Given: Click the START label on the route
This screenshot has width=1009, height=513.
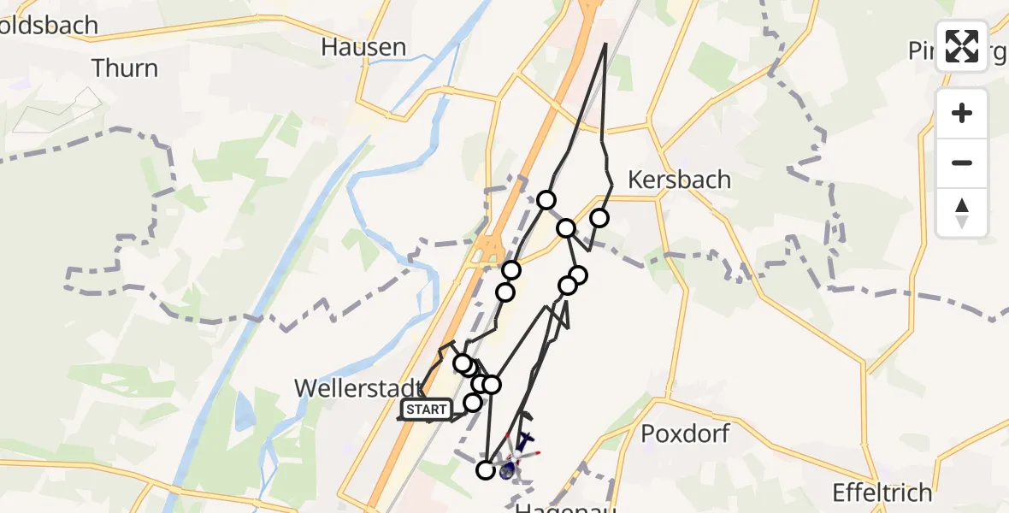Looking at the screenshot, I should tap(426, 410).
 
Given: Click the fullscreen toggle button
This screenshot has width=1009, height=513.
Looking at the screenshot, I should tap(962, 46).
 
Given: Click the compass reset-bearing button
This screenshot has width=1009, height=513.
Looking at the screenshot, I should tap(962, 213).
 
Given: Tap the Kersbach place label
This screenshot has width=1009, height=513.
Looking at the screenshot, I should tap(679, 180).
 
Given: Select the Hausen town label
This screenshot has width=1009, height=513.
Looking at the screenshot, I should tap(363, 47).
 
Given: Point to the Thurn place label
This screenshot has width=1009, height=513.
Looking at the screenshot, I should tap(124, 68).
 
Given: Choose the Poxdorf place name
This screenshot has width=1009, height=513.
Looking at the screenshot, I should tap(686, 433).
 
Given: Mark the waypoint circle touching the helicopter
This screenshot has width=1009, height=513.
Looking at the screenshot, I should tap(486, 469).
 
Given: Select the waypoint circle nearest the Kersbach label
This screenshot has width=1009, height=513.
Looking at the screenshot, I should tap(599, 218).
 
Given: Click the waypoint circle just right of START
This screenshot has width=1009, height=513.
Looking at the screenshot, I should tap(472, 402).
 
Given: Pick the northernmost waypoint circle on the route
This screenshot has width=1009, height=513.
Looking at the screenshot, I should tap(546, 200).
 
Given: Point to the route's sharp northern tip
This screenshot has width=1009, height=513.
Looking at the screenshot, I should tap(605, 43).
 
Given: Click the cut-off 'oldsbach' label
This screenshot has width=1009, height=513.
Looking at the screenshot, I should tap(49, 26).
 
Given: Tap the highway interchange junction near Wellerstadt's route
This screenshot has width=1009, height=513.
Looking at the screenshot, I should tap(491, 248).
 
